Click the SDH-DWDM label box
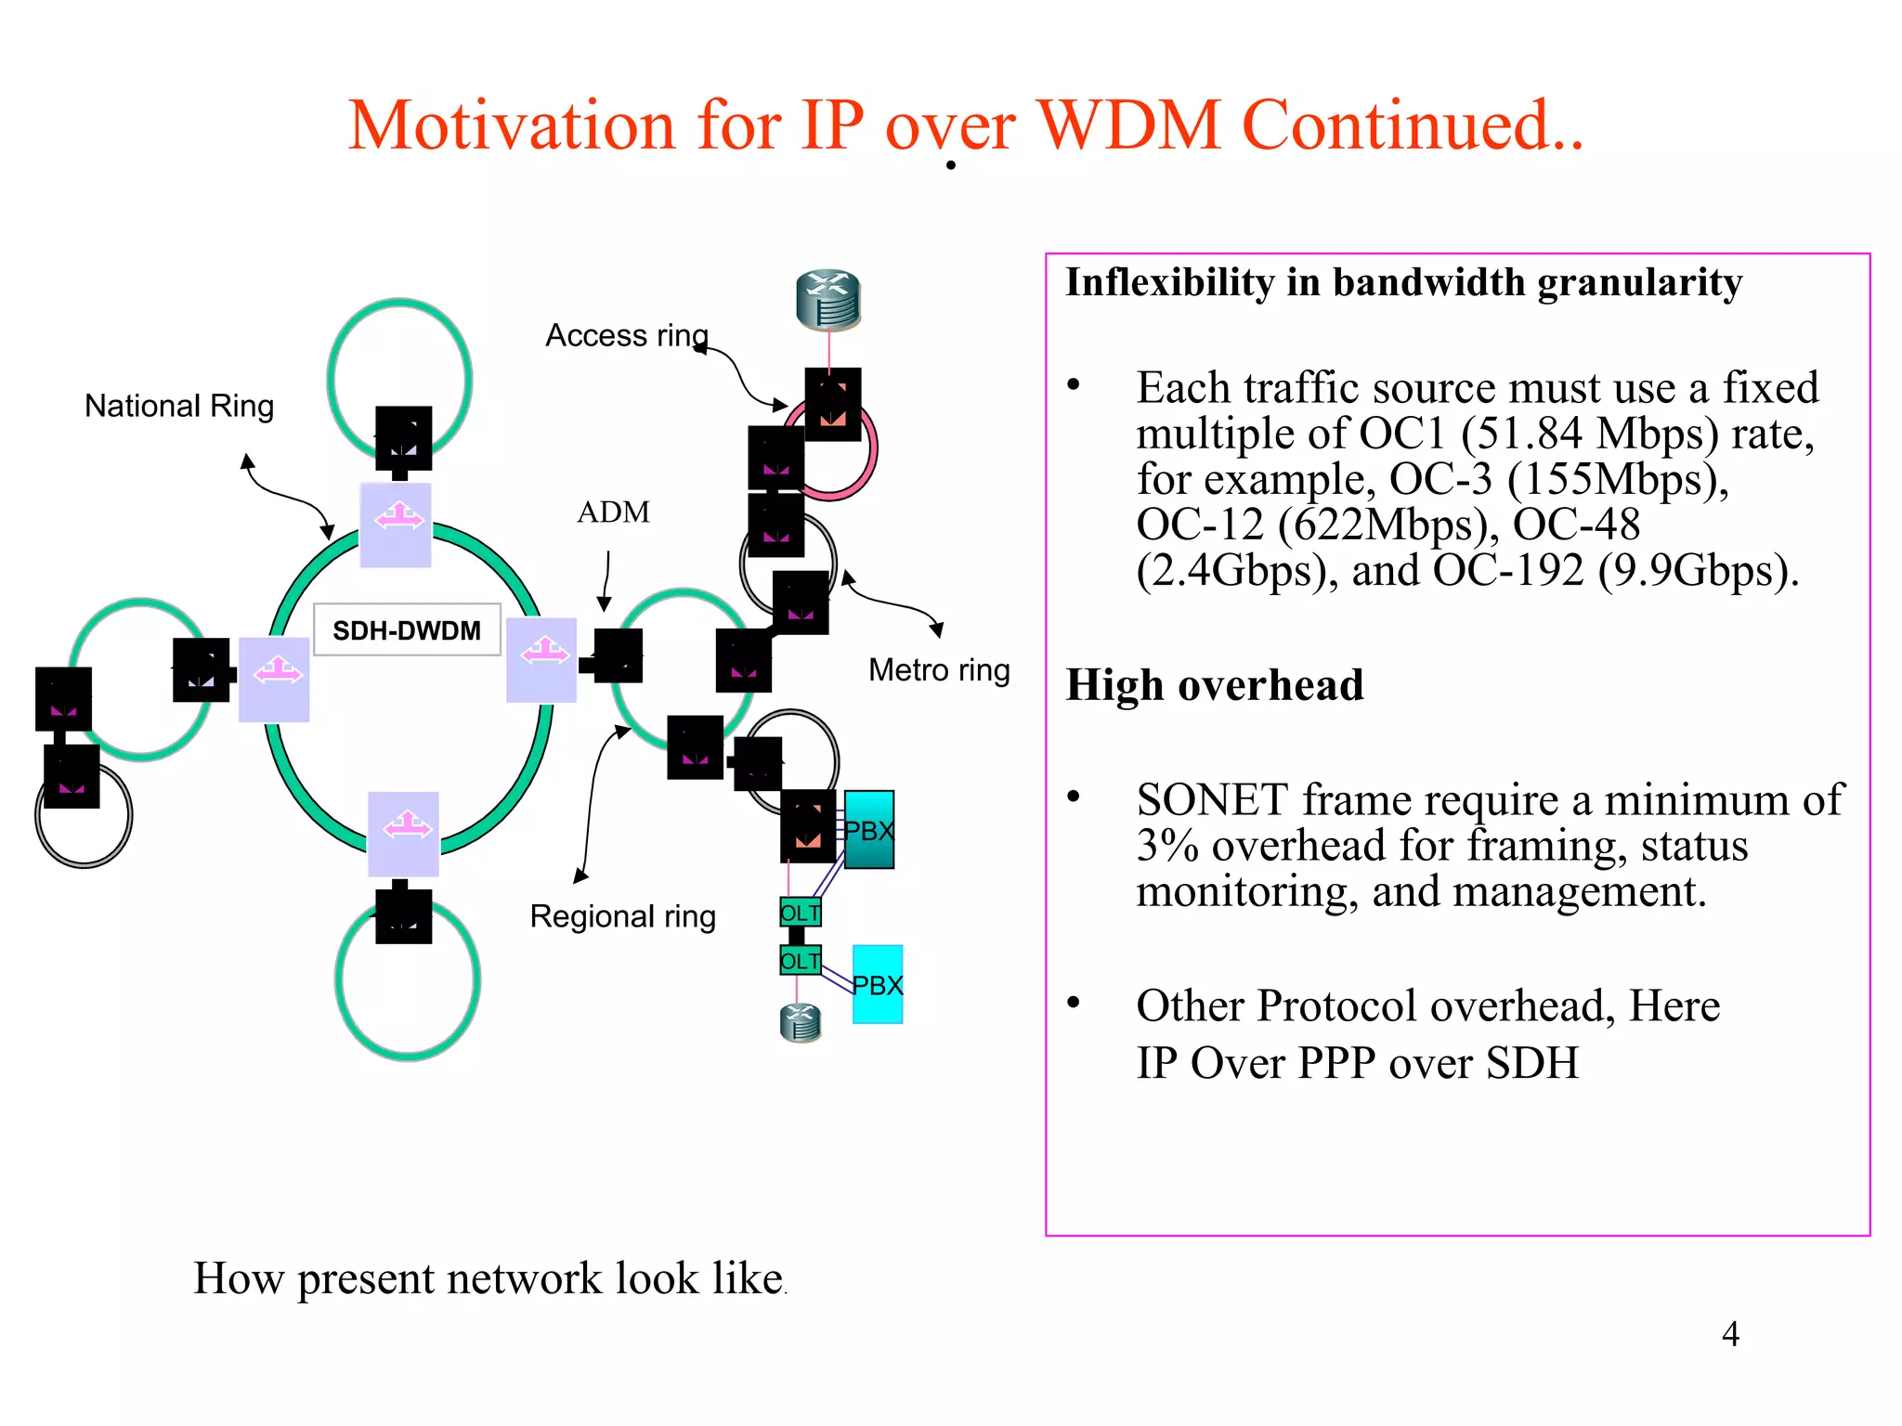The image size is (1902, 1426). pyautogui.click(x=407, y=630)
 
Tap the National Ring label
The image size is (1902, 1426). pyautogui.click(x=179, y=406)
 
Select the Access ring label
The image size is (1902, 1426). pyautogui.click(x=626, y=335)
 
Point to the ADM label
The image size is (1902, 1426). pyautogui.click(x=613, y=512)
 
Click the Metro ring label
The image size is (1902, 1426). pyautogui.click(x=939, y=669)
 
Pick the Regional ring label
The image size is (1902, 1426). pyautogui.click(x=622, y=916)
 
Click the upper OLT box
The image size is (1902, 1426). pyautogui.click(x=800, y=913)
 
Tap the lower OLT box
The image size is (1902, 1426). pyautogui.click(x=800, y=961)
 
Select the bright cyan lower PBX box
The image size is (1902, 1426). pyautogui.click(x=878, y=985)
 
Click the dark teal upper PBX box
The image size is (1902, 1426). pyautogui.click(x=869, y=830)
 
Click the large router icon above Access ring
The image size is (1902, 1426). pyautogui.click(x=828, y=300)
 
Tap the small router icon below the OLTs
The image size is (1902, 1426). pyautogui.click(x=801, y=1023)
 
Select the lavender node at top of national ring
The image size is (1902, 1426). pyautogui.click(x=396, y=525)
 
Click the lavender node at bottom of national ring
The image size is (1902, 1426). pyautogui.click(x=403, y=834)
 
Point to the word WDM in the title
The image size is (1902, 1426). pyautogui.click(x=1128, y=125)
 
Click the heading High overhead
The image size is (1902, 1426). pyautogui.click(x=1214, y=685)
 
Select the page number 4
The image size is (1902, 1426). pyautogui.click(x=1730, y=1334)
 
